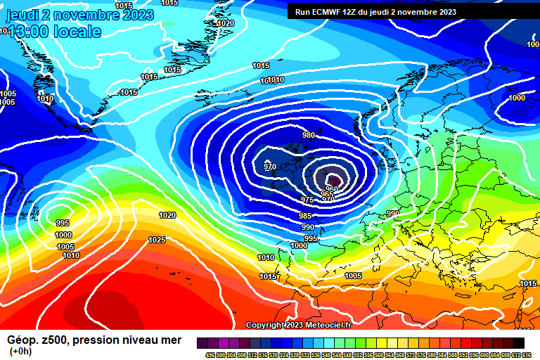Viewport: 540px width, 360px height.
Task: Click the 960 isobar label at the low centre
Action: pos(331,189)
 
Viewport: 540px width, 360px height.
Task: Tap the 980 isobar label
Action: pos(309,135)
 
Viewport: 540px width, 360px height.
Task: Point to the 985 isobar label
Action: pos(305,217)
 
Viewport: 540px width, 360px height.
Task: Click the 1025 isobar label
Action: pos(157,240)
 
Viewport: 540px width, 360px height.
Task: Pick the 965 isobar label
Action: pos(326,195)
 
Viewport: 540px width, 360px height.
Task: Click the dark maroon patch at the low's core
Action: pos(335,182)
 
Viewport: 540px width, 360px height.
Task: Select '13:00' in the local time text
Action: pos(29,32)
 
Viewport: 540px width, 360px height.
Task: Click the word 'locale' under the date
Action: pos(77,32)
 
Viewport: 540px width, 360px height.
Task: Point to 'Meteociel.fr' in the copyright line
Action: pos(328,325)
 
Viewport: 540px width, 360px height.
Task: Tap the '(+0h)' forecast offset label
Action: pos(20,352)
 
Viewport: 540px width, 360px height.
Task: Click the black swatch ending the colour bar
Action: pos(518,342)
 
